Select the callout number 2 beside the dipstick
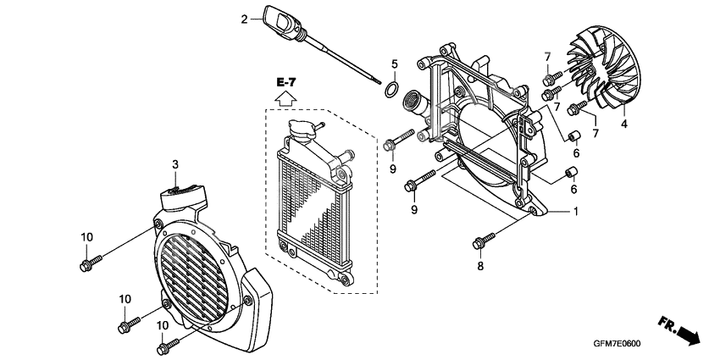tap(245, 19)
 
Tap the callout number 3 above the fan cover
tap(174, 163)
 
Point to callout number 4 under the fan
tap(624, 124)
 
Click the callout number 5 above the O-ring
tap(394, 64)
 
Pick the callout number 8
tap(480, 267)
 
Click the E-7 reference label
tap(286, 81)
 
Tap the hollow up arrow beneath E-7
tap(286, 97)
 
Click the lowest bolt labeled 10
tap(168, 345)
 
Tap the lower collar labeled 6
tap(570, 175)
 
